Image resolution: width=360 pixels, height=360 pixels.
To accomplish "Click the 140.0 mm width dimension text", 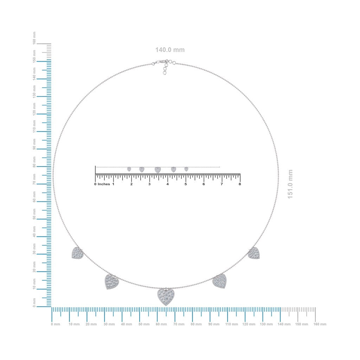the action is [170, 50].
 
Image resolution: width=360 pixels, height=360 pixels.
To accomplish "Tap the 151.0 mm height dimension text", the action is [290, 184].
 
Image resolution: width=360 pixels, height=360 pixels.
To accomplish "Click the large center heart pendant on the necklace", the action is [166, 297].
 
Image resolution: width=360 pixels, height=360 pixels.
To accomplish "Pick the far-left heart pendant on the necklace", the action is [77, 253].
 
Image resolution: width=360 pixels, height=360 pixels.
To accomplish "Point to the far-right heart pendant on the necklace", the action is [254, 253].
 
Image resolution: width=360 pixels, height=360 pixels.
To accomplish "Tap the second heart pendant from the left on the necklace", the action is [111, 282].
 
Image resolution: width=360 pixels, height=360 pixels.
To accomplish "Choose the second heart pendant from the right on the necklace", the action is [219, 281].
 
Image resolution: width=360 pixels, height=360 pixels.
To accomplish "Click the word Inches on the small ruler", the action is [104, 184].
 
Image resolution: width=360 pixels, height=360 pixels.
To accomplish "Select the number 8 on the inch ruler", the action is [240, 184].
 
